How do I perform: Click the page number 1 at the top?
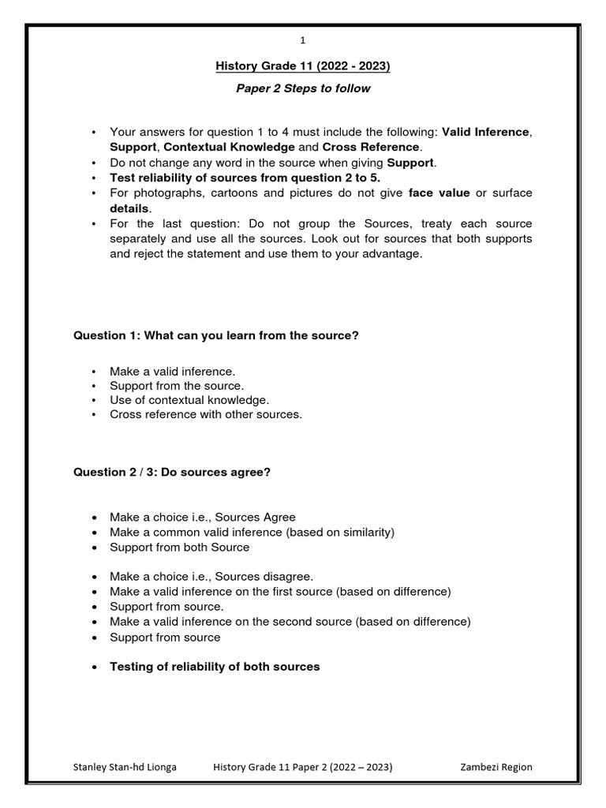[303, 40]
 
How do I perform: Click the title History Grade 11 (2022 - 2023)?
[303, 66]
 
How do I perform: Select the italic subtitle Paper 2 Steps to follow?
[303, 88]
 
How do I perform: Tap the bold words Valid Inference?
[485, 132]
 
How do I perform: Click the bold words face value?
[439, 193]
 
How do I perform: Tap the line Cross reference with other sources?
[205, 414]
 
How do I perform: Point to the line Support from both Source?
[179, 547]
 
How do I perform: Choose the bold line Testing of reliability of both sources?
[215, 667]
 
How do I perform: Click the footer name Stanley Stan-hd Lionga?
[125, 767]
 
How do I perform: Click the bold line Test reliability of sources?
[245, 178]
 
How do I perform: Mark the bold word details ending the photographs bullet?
[129, 208]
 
